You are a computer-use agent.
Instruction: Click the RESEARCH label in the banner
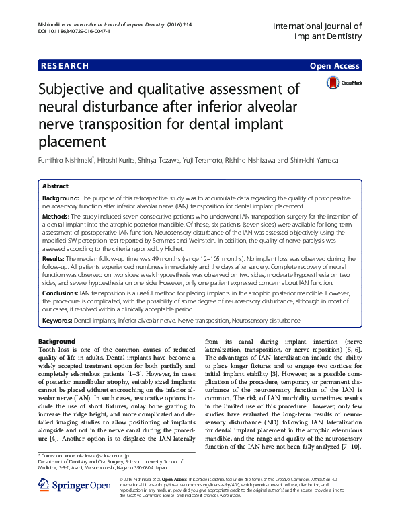pos(65,66)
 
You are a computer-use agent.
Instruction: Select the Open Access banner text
pos(335,66)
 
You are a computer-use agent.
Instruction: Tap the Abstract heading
pos(56,186)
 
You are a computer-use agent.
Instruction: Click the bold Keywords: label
pos(57,322)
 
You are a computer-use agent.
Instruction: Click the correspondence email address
pos(117,456)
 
